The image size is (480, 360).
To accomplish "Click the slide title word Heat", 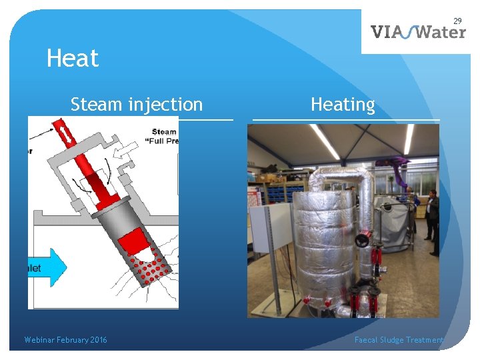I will click(73, 59).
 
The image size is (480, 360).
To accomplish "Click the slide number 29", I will click(458, 22).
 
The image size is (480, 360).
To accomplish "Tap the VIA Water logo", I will click(417, 31).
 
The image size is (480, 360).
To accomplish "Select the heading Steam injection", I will click(136, 105).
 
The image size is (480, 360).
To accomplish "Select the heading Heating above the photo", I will click(343, 105).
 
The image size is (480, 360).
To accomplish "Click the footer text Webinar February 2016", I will click(65, 340).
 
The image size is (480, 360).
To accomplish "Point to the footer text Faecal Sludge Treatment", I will click(399, 340).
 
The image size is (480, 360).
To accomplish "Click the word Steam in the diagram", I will click(164, 131).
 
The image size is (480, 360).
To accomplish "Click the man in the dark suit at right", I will click(433, 220).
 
